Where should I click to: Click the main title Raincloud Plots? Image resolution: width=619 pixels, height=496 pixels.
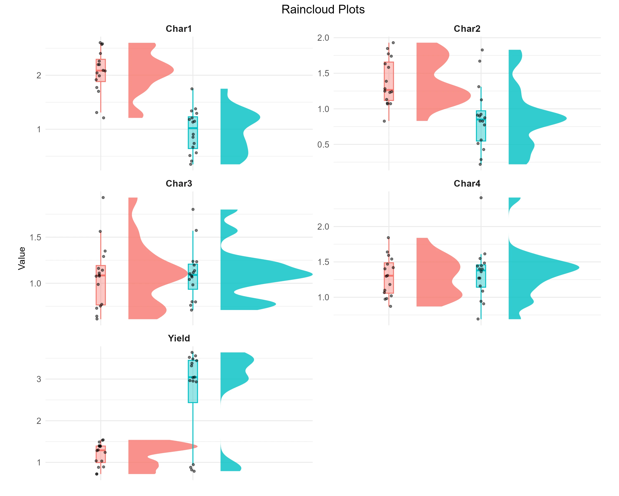pyautogui.click(x=323, y=10)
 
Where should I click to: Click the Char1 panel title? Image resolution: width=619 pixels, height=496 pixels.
pyautogui.click(x=178, y=29)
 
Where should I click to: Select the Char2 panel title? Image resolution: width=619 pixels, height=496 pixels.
pyautogui.click(x=467, y=29)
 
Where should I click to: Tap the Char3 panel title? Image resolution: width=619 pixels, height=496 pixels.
pyautogui.click(x=178, y=184)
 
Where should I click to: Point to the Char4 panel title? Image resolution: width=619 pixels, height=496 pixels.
pyautogui.click(x=467, y=184)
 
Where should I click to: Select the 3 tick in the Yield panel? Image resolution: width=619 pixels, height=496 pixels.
pyautogui.click(x=39, y=379)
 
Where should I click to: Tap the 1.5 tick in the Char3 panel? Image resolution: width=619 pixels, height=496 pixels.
pyautogui.click(x=35, y=237)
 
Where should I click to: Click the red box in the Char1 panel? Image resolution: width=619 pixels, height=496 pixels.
pyautogui.click(x=101, y=70)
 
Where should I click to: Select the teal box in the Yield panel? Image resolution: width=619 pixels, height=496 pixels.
pyautogui.click(x=193, y=381)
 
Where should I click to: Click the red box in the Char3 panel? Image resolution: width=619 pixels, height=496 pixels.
pyautogui.click(x=101, y=285)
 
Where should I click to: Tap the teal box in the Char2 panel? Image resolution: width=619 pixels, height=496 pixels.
pyautogui.click(x=481, y=126)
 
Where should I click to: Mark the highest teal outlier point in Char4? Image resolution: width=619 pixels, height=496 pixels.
pyautogui.click(x=481, y=198)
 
